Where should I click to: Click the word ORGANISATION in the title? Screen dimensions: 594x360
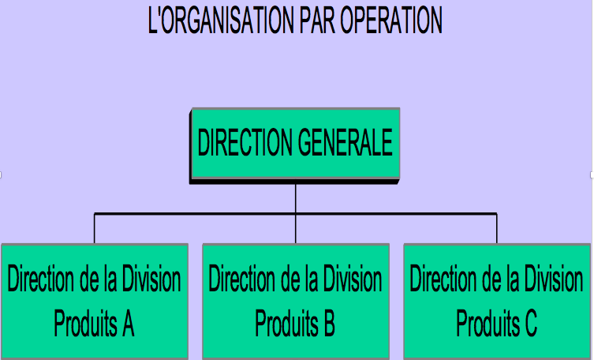[x=226, y=20]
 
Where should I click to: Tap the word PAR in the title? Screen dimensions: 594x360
[x=317, y=20]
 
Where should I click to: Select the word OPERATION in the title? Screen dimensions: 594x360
[x=391, y=20]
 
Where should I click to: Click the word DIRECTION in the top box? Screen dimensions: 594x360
[x=245, y=142]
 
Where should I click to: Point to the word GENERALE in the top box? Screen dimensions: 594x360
[x=345, y=142]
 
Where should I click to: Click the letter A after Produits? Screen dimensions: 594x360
[x=128, y=323]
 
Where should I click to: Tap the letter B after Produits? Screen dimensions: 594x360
[x=328, y=323]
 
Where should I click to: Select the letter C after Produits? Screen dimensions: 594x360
[x=530, y=323]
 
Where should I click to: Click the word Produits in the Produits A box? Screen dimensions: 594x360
[x=85, y=323]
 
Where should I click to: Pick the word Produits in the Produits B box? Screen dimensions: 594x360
[x=286, y=323]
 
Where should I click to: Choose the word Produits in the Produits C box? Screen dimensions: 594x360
[x=488, y=323]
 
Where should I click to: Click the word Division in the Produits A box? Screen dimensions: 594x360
[x=151, y=279]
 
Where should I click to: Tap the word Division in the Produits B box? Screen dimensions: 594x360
[x=353, y=279]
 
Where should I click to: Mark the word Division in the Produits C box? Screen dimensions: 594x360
[x=554, y=279]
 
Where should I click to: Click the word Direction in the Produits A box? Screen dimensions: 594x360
[x=40, y=279]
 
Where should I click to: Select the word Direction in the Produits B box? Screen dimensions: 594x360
[x=241, y=279]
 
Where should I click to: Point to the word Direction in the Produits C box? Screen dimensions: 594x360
[x=443, y=279]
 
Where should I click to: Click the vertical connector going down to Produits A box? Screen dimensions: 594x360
[x=95, y=228]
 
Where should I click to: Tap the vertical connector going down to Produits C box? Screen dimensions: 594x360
[x=497, y=228]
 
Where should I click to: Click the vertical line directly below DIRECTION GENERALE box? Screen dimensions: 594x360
[x=296, y=199]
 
